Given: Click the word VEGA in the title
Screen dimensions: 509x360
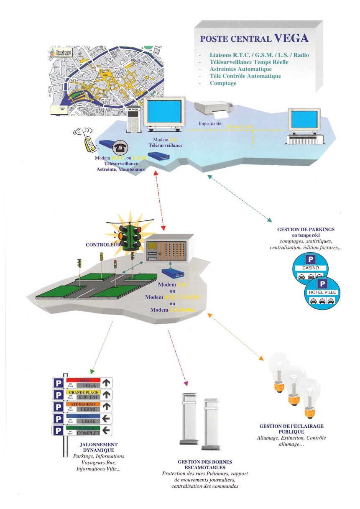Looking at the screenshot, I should pos(291,38).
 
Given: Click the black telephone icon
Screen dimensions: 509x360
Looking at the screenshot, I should pos(120,147).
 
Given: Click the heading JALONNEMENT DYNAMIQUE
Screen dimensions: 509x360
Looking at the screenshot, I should pos(98,447).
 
